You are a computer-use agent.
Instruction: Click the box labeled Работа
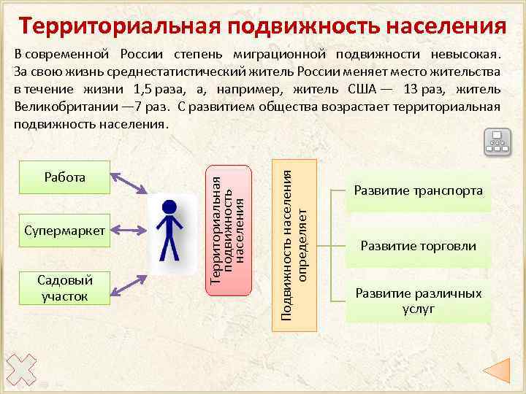[x=65, y=178]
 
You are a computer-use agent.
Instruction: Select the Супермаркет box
[x=65, y=231]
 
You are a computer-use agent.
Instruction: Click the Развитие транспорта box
[x=418, y=191]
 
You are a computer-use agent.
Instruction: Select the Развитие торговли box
[x=418, y=246]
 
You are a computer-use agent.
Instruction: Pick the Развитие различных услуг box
[x=418, y=300]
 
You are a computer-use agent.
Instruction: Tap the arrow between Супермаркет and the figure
[x=131, y=231]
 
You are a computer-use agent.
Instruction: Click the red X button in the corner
[x=20, y=369]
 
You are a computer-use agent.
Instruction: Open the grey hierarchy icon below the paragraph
[x=498, y=142]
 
